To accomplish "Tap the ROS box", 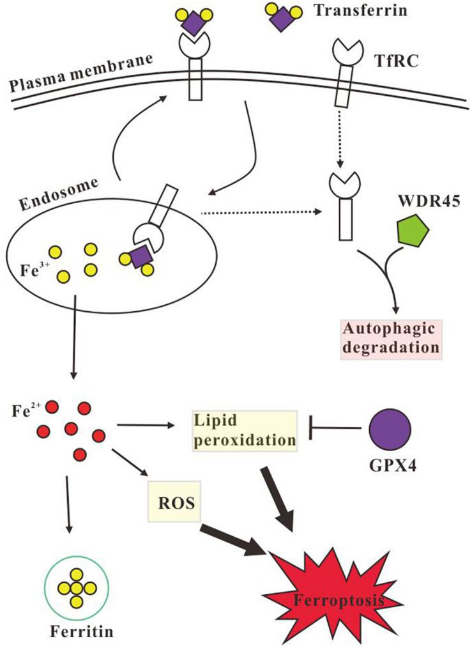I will tap(174, 500).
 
